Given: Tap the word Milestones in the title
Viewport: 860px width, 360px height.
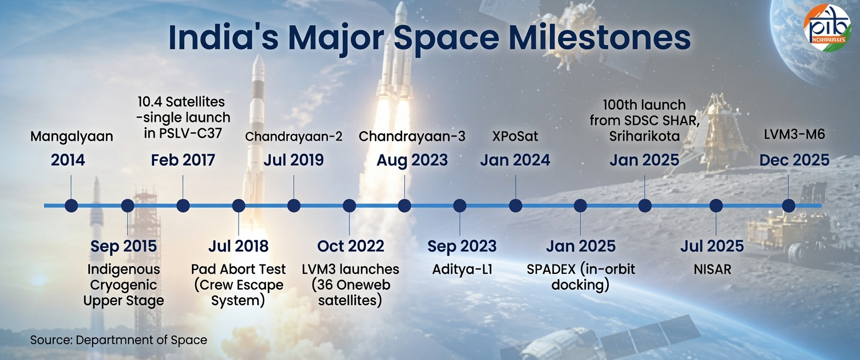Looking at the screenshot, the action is pyautogui.click(x=599, y=38).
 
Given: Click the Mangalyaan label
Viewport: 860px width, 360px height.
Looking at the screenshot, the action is pyautogui.click(x=72, y=137).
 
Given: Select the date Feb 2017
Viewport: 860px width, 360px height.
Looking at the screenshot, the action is pyautogui.click(x=183, y=160).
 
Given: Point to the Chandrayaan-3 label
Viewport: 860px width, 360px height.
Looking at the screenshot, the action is pyautogui.click(x=412, y=137).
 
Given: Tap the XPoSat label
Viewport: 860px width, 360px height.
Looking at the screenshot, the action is pyautogui.click(x=515, y=137).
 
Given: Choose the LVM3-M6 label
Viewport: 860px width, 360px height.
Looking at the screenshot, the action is pyautogui.click(x=794, y=134).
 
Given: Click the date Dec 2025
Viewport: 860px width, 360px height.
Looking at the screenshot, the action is pyautogui.click(x=794, y=160).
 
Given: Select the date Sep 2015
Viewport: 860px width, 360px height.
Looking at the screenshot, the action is pyautogui.click(x=123, y=246).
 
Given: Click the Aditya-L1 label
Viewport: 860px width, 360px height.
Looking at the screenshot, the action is pyautogui.click(x=462, y=269).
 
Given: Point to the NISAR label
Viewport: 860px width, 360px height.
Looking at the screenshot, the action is pyautogui.click(x=712, y=269).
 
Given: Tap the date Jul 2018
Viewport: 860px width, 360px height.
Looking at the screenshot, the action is pyautogui.click(x=239, y=246).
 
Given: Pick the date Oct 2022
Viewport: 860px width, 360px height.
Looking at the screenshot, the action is pyautogui.click(x=350, y=246).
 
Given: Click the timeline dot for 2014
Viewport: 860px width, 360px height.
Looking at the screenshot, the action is pyautogui.click(x=71, y=206).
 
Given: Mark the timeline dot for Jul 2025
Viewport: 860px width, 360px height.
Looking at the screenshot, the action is pyautogui.click(x=716, y=206).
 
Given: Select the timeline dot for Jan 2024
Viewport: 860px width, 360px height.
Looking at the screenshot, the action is pyautogui.click(x=515, y=206).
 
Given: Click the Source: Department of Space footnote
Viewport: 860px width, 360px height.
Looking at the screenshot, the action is pyautogui.click(x=118, y=340).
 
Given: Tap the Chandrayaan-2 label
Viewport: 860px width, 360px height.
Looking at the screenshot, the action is pyautogui.click(x=294, y=137).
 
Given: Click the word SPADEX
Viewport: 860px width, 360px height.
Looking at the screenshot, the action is pyautogui.click(x=551, y=269).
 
